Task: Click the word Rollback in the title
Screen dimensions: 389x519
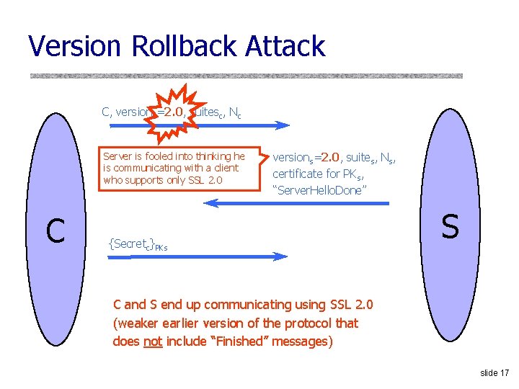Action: point(183,46)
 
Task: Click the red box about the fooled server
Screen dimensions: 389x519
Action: point(174,169)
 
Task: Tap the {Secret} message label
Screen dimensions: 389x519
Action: point(138,244)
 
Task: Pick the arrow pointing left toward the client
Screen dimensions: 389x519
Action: point(296,204)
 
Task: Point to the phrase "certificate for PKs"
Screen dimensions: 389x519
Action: point(317,173)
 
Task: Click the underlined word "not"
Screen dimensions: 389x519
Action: point(153,341)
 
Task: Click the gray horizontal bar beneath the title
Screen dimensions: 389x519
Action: point(245,75)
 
